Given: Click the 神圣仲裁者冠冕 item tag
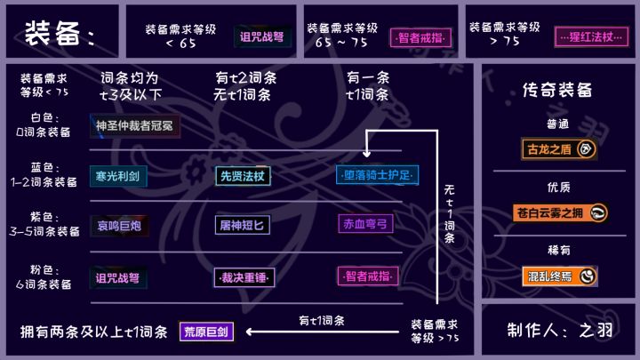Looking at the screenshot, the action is click(x=135, y=126).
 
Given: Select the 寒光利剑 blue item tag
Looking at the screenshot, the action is click(x=118, y=176).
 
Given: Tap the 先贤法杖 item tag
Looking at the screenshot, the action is click(x=243, y=176).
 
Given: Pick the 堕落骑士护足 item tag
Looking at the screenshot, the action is click(x=377, y=175).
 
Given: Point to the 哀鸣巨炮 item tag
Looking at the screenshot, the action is click(x=119, y=226).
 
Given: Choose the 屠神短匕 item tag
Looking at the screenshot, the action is click(x=243, y=225).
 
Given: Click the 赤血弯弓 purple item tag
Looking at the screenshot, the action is click(x=365, y=224).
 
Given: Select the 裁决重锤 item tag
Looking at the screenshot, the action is click(x=244, y=278).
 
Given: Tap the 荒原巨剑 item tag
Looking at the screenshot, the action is click(x=206, y=332).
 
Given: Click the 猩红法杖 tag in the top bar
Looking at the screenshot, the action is click(x=591, y=37).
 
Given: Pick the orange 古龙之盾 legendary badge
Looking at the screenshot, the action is click(x=558, y=149).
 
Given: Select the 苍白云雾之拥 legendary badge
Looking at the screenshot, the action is click(x=560, y=213).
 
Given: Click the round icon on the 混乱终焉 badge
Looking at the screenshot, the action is click(x=587, y=276).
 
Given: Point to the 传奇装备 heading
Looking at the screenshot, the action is click(x=557, y=90).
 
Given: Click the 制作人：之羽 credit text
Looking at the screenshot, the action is click(x=560, y=330).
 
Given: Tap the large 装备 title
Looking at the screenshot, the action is click(x=60, y=33).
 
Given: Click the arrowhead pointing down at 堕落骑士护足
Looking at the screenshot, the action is click(x=366, y=154).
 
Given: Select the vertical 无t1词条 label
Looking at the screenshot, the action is click(x=450, y=214).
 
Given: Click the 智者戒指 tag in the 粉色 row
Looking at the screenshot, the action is click(x=367, y=276).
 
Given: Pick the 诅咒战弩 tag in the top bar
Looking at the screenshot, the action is click(x=262, y=36).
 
